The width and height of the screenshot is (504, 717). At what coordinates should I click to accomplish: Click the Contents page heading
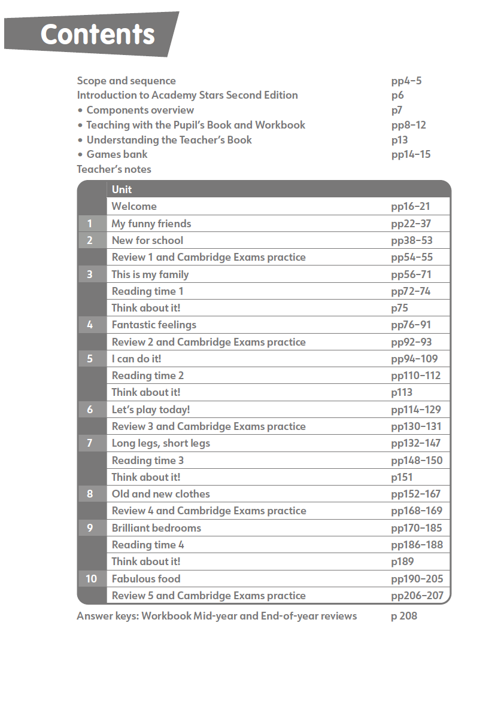(x=98, y=34)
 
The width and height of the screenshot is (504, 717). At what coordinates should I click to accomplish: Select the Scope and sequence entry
(x=126, y=81)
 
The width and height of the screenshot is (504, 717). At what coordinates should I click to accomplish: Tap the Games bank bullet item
(x=117, y=154)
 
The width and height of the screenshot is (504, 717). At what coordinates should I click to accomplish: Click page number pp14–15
(x=411, y=154)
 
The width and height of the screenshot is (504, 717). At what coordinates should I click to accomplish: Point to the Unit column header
(x=122, y=190)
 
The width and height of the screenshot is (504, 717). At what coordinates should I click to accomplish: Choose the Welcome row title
(x=134, y=206)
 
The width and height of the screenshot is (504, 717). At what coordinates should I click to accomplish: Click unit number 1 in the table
(x=90, y=224)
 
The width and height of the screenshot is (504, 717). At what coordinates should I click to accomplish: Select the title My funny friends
(x=151, y=224)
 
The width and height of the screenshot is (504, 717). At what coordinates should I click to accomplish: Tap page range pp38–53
(x=411, y=240)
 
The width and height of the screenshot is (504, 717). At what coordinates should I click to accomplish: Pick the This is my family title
(x=150, y=274)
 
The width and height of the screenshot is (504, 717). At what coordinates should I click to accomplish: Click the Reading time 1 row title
(x=148, y=291)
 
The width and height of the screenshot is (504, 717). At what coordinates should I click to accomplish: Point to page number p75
(x=402, y=308)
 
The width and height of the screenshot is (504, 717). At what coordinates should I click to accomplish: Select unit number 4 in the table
(x=90, y=325)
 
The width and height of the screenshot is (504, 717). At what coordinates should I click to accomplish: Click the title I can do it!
(x=136, y=359)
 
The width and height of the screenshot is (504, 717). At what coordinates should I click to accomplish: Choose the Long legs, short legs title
(x=161, y=443)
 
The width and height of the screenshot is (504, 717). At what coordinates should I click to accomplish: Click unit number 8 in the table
(x=90, y=494)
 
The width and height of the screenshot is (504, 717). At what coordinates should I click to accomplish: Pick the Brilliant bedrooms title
(x=156, y=528)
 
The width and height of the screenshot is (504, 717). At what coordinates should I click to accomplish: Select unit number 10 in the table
(x=91, y=579)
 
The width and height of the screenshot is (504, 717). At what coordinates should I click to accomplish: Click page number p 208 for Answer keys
(x=404, y=616)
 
